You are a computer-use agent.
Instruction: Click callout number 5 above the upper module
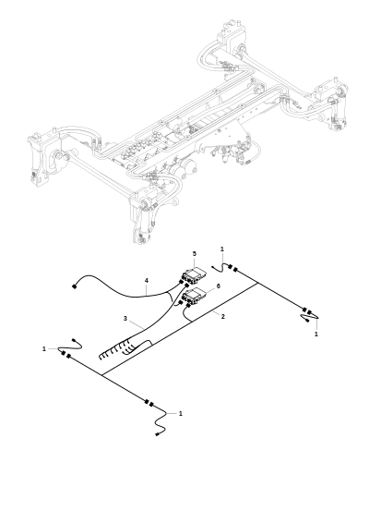point(195,254)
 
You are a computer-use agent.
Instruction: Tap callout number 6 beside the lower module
point(219,286)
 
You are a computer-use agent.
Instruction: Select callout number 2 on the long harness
point(223,316)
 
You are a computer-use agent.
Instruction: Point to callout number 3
point(125,319)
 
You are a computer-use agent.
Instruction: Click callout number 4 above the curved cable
point(146,281)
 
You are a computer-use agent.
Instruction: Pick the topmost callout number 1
point(222,249)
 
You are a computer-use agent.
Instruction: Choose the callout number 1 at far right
point(316,334)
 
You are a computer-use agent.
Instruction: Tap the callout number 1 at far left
point(44,349)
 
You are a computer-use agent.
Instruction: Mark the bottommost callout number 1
point(181,414)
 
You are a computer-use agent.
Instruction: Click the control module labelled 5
point(194,275)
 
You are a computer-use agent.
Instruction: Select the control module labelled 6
point(194,297)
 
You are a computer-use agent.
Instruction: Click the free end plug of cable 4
point(74,286)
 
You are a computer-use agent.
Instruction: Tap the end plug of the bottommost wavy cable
point(157,434)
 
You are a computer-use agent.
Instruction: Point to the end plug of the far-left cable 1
point(75,340)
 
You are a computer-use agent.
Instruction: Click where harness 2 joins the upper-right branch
point(257,284)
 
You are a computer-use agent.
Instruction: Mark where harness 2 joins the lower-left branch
point(101,375)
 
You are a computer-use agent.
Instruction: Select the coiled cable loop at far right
point(310,318)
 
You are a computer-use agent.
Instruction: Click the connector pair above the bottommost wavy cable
point(149,403)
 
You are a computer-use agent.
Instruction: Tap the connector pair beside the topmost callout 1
point(232,268)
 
